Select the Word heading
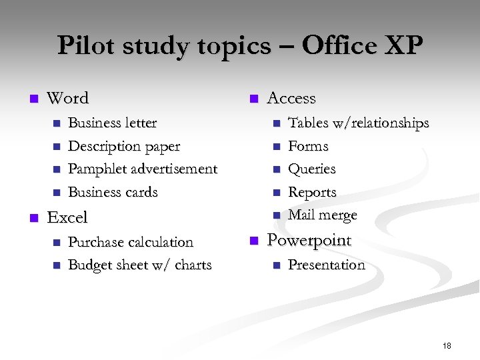[68, 98]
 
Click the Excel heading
[67, 217]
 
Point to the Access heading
[291, 98]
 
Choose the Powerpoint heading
[309, 240]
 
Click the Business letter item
[113, 123]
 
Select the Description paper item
[124, 146]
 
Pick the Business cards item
[113, 192]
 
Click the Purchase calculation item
[131, 242]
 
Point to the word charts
[193, 265]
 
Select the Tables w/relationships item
[358, 123]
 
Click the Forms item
[308, 146]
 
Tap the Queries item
[311, 169]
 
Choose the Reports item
[312, 193]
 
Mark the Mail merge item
[323, 215]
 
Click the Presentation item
[327, 265]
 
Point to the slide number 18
[447, 345]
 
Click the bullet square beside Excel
[31, 218]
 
